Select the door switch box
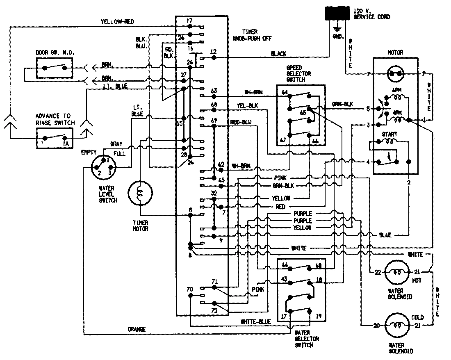(x=55, y=68)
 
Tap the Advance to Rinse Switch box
(x=55, y=137)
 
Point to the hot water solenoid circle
(x=396, y=272)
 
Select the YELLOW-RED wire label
(x=117, y=22)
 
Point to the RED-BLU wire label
(x=241, y=121)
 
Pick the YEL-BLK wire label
(x=247, y=106)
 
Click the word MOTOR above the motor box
(x=395, y=52)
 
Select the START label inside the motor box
(x=389, y=134)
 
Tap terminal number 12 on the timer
(x=213, y=52)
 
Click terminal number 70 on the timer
(x=189, y=289)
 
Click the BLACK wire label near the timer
(x=279, y=54)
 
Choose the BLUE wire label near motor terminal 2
(x=385, y=235)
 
